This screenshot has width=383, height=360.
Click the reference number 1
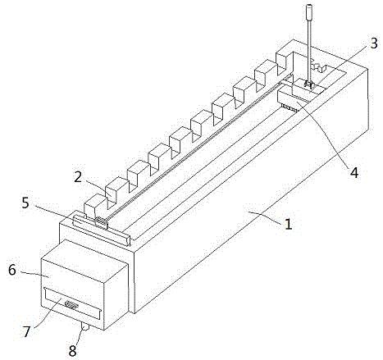[288, 224]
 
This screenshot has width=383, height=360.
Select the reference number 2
[78, 177]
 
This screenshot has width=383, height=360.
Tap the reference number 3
[374, 43]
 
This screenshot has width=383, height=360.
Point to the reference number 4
[354, 173]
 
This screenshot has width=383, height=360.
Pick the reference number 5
[25, 203]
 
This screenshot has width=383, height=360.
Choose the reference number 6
[12, 270]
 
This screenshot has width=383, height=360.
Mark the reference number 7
[26, 332]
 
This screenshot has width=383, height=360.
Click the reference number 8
[72, 351]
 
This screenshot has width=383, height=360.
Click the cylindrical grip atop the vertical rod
[309, 11]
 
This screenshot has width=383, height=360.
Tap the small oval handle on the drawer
[71, 304]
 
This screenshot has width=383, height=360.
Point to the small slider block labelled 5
[101, 221]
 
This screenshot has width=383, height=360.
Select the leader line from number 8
[78, 337]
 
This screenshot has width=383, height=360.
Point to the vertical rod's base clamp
[309, 85]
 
